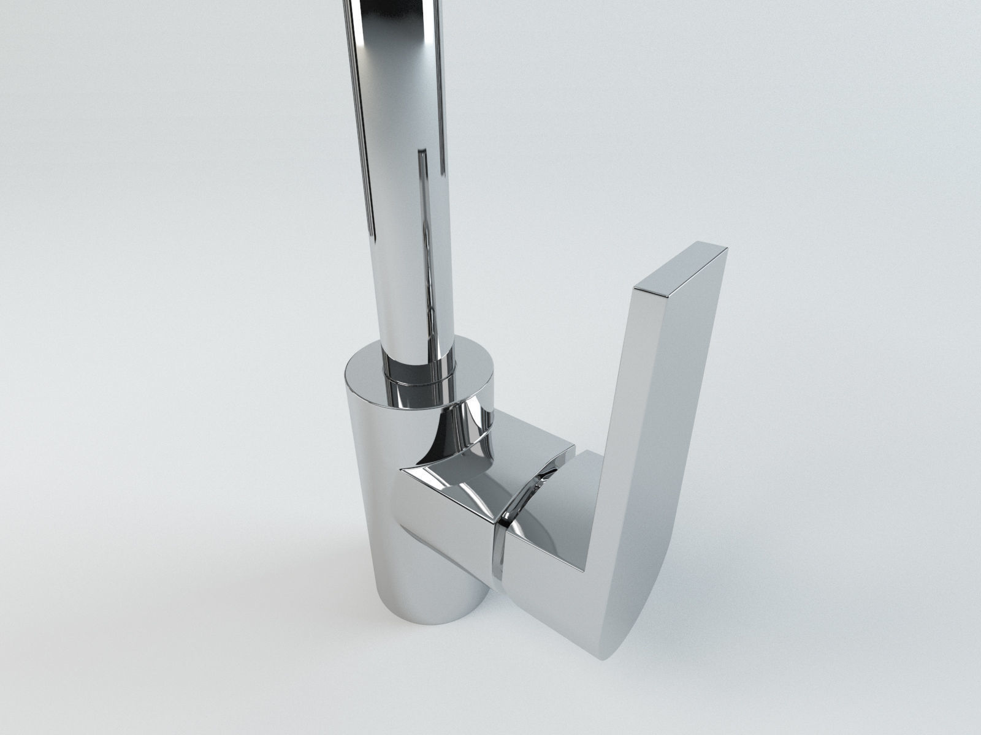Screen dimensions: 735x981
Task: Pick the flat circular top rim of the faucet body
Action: (x=368, y=374)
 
